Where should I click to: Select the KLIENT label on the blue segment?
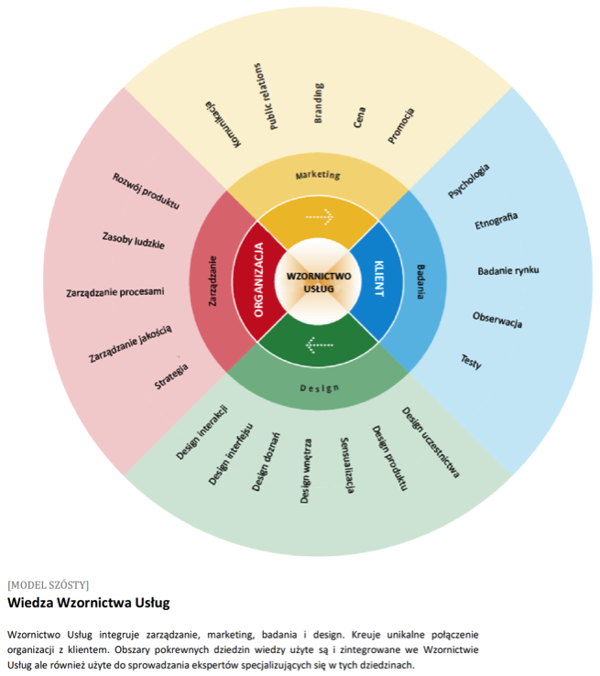tap(377, 279)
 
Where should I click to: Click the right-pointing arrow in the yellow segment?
tap(320, 217)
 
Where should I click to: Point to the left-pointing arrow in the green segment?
tap(319, 345)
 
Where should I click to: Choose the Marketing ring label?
tap(318, 174)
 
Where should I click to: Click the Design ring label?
tap(319, 387)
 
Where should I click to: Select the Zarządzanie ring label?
tap(213, 280)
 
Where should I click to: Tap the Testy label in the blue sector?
tap(471, 361)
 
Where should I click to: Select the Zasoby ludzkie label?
tap(134, 241)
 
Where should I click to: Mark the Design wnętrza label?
tap(306, 471)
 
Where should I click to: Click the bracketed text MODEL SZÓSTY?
tap(48, 583)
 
